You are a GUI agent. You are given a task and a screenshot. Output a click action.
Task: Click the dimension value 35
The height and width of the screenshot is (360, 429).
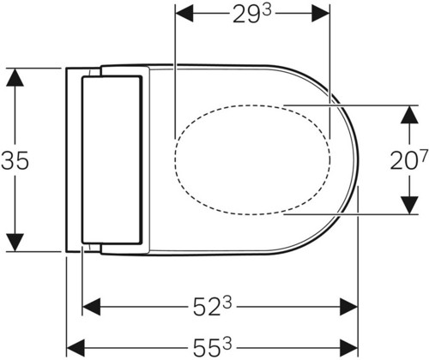coord(15,161)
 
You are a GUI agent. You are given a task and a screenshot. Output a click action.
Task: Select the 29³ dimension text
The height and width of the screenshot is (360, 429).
coord(251,13)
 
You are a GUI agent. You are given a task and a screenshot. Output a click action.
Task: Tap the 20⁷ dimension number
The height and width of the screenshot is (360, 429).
coord(409,159)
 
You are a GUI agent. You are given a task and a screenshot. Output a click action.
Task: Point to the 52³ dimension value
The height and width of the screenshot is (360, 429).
coord(212,307)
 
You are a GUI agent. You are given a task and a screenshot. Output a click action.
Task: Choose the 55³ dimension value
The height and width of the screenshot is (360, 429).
coord(212,347)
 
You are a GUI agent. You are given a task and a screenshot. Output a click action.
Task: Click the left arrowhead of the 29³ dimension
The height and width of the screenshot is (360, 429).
coord(184,13)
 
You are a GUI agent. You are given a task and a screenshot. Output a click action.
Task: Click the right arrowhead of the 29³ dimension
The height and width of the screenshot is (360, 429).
coord(321,13)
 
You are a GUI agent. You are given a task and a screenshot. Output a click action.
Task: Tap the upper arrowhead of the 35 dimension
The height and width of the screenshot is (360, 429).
coord(15,77)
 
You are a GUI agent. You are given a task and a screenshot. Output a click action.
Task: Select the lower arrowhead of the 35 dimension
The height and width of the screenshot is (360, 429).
coord(15,243)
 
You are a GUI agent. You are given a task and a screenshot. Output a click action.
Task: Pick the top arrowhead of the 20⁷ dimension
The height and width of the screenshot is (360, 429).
coord(409,115)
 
